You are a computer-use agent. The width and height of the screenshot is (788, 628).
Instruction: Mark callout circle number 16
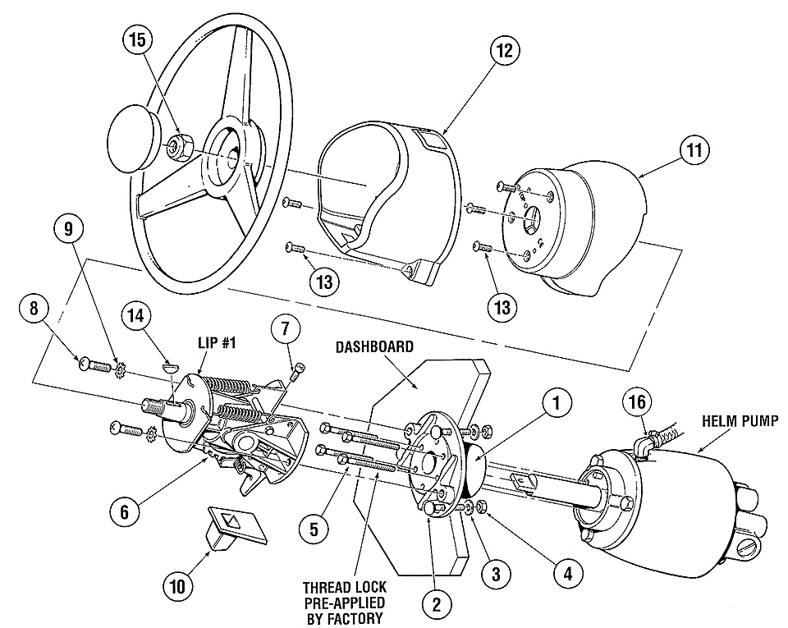[x=639, y=401]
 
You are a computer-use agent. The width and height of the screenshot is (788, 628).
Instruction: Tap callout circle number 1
[x=558, y=402]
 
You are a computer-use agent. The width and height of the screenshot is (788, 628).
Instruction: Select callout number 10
[x=177, y=586]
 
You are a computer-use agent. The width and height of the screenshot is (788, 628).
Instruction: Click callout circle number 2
[x=436, y=603]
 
